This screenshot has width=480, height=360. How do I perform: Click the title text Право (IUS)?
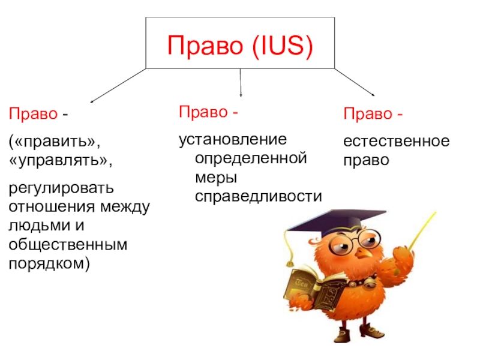[x=240, y=46]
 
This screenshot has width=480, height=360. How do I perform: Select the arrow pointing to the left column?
[x=117, y=85]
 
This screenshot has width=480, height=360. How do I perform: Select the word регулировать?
[x=60, y=189]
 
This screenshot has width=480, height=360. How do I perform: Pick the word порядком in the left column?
[x=48, y=263]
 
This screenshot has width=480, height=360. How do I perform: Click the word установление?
[x=233, y=140]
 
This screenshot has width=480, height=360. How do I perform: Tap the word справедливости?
[x=259, y=196]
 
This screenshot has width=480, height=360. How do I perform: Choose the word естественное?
[x=396, y=142]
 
